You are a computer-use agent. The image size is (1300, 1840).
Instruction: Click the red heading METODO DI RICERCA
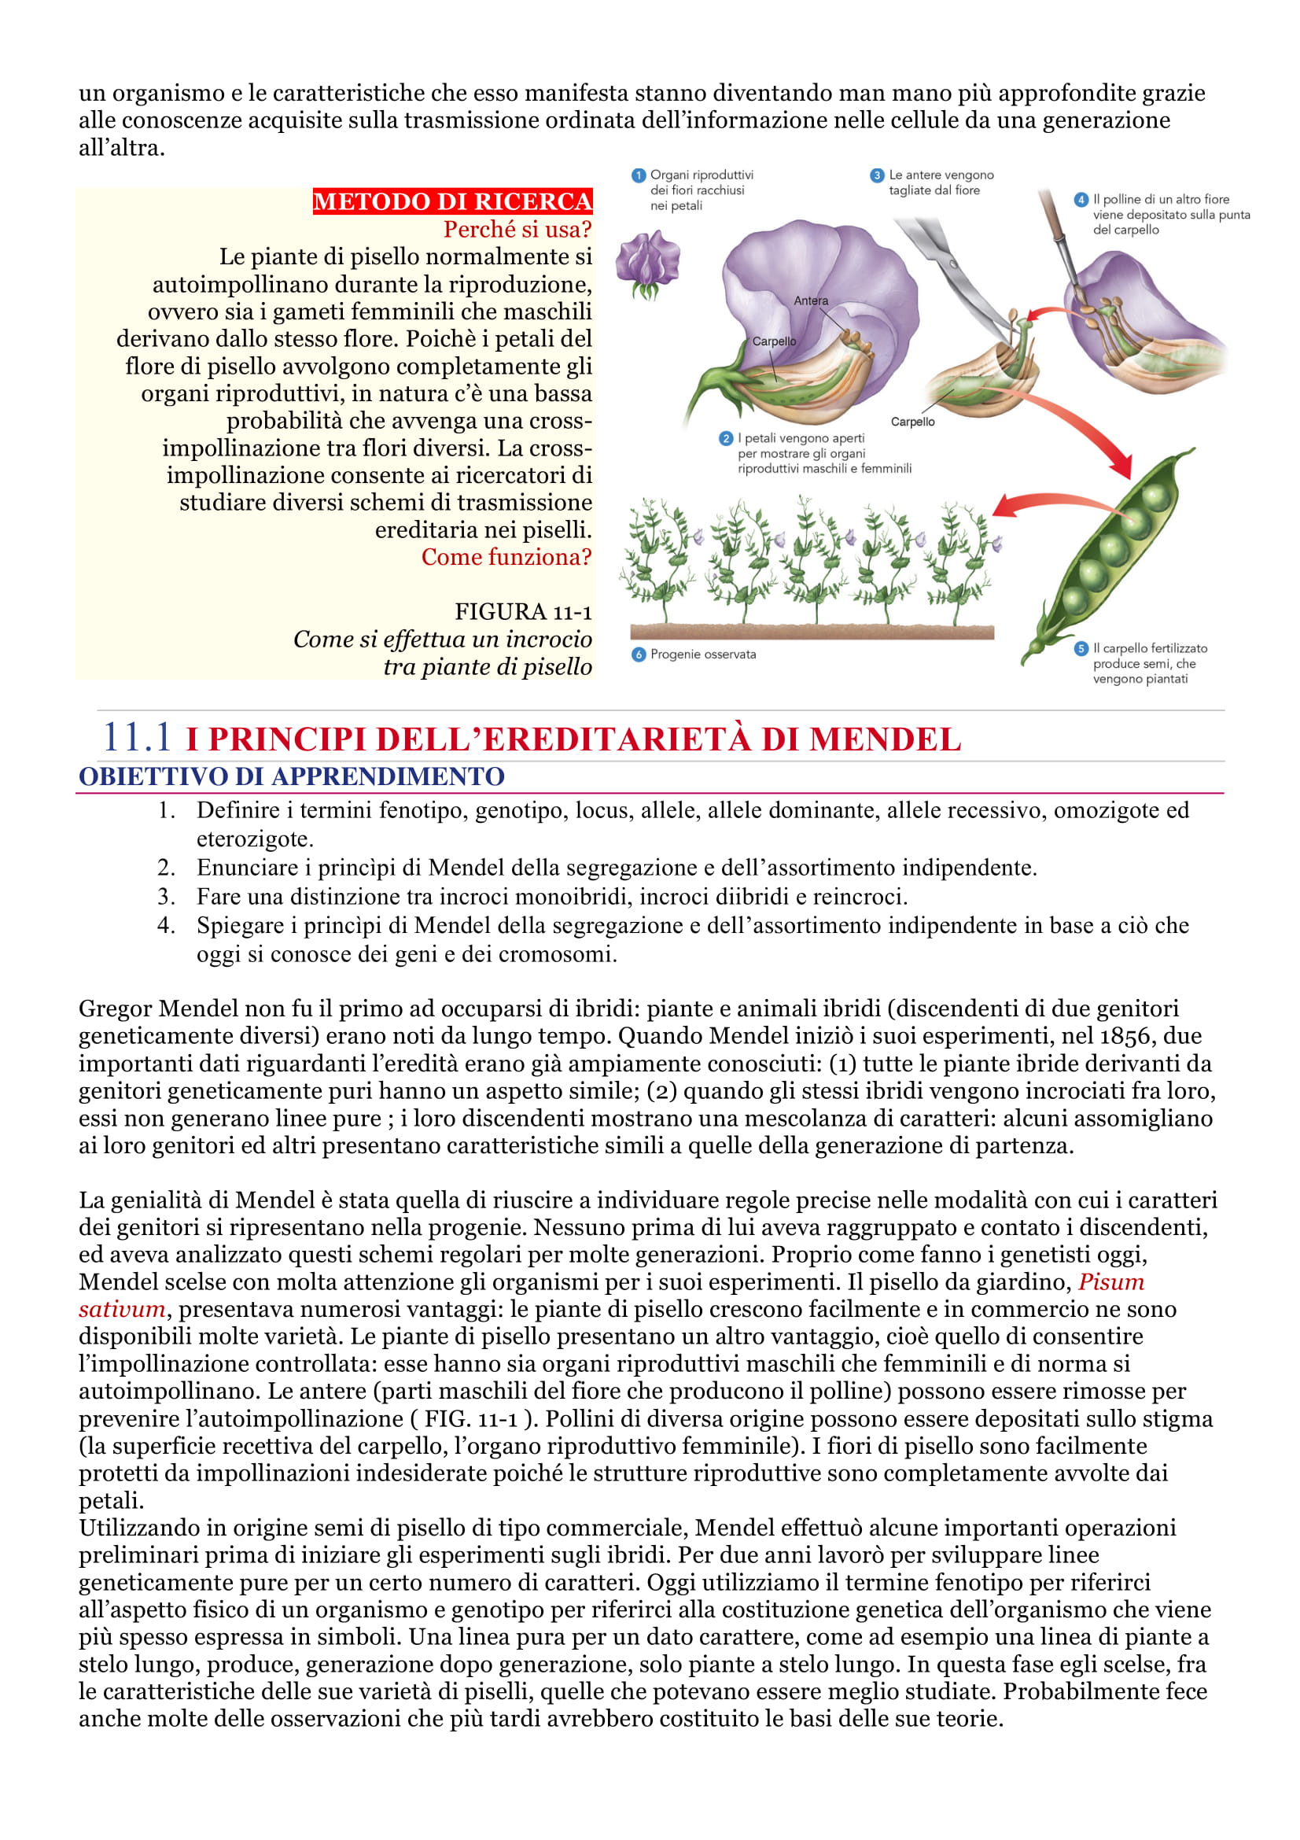click(x=451, y=201)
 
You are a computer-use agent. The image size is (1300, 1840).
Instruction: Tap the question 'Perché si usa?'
click(x=517, y=229)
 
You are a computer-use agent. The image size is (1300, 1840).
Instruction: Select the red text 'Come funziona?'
click(x=506, y=557)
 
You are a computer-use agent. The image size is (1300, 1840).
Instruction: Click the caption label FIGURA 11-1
click(x=523, y=611)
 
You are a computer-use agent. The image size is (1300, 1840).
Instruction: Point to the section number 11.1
click(x=137, y=737)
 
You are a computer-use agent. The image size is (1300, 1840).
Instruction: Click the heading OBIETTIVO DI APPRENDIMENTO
click(x=292, y=776)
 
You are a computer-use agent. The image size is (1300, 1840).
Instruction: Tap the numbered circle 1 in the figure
click(x=639, y=175)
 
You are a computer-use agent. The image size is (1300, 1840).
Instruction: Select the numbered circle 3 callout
click(x=877, y=175)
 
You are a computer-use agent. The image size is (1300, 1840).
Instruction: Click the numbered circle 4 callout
click(x=1081, y=200)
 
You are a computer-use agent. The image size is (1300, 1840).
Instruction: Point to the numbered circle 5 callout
click(x=1081, y=648)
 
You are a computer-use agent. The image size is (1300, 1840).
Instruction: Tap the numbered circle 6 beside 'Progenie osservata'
click(x=639, y=655)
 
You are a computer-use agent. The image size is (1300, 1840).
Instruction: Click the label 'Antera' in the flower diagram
click(x=811, y=301)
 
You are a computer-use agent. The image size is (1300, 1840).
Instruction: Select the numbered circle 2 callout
click(x=726, y=438)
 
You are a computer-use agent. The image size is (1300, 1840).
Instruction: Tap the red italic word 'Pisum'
click(x=1111, y=1281)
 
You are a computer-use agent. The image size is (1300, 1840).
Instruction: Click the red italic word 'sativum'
click(x=122, y=1309)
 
